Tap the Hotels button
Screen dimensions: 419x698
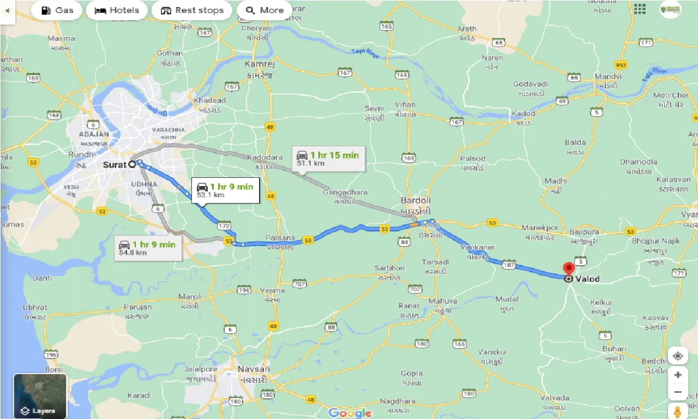pyautogui.click(x=117, y=10)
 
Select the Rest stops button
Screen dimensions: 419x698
pyautogui.click(x=192, y=10)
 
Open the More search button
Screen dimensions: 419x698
pyautogui.click(x=264, y=10)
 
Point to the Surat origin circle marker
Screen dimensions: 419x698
pyautogui.click(x=132, y=164)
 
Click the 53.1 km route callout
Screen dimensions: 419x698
pyautogui.click(x=225, y=190)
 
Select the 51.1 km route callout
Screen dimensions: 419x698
pyautogui.click(x=328, y=159)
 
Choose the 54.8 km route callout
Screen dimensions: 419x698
pyautogui.click(x=148, y=248)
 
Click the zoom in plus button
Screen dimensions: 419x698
pyautogui.click(x=677, y=375)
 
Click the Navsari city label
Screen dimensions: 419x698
pyautogui.click(x=254, y=369)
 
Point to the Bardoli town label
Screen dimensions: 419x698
pyautogui.click(x=416, y=200)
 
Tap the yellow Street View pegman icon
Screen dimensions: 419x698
pyautogui.click(x=677, y=411)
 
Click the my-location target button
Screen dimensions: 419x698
pyautogui.click(x=677, y=356)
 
